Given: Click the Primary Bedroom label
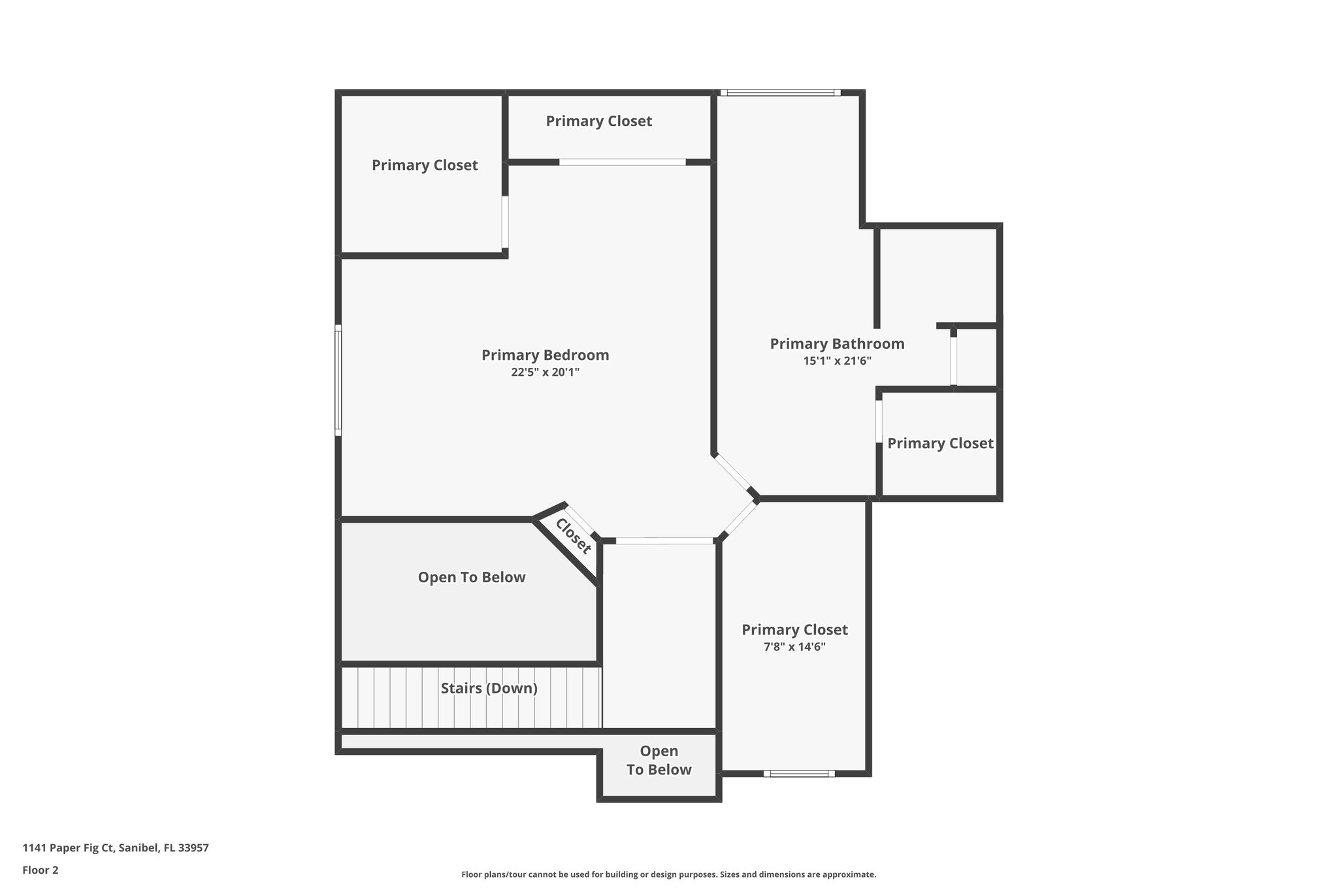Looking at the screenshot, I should pos(545,355).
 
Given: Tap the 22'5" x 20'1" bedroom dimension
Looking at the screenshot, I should pos(545,372).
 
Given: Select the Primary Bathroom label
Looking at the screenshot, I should pos(837,344).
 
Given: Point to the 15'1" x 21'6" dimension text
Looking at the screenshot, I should pos(837,361).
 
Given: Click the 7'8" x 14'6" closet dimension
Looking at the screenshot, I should pos(794,647).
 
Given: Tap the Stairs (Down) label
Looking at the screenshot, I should pos(489,688).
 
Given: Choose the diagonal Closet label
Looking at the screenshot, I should pos(574,536).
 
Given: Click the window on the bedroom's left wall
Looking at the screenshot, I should pos(338,380).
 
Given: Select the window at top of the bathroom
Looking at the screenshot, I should pos(780,93).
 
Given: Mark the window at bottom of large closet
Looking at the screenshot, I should pos(799,774).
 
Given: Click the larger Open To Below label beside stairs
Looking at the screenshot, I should pos(471,577).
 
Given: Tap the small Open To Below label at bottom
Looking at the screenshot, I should pos(659,761).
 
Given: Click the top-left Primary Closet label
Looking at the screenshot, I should pos(425,165).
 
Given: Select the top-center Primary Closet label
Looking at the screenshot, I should pos(598,121).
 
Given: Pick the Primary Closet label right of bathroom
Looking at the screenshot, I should pos(939,444).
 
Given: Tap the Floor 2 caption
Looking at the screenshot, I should pos(41,870).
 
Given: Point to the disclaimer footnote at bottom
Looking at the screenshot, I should pos(668,874).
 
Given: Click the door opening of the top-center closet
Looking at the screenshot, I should pos(622,162).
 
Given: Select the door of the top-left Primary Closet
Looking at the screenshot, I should pos(505,222).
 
